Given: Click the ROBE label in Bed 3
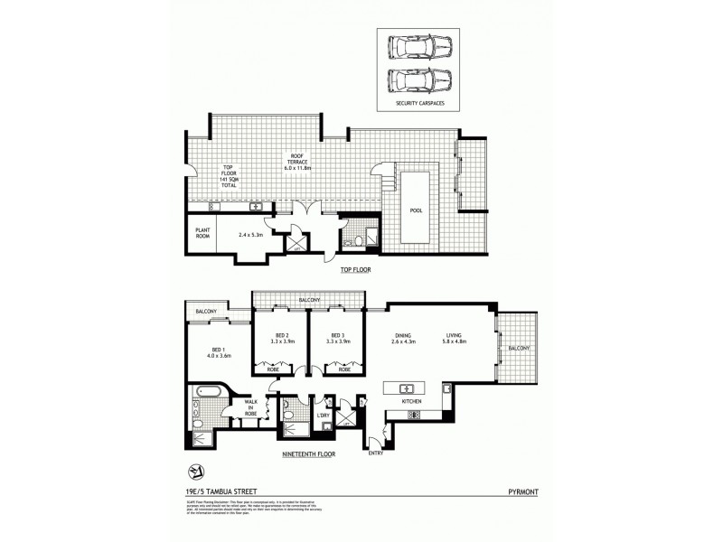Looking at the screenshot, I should pos(344,369).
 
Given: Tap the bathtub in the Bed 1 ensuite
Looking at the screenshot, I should pos(204,394).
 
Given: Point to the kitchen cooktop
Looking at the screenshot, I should pos(414,416).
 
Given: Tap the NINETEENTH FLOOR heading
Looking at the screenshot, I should pos(309,454).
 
